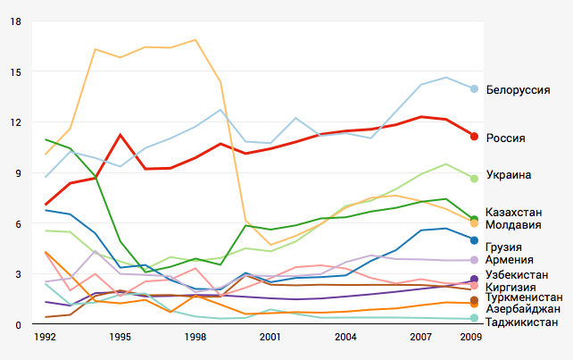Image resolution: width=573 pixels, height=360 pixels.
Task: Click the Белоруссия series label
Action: [518, 90]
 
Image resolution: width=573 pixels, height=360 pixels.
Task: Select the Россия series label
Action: [505, 138]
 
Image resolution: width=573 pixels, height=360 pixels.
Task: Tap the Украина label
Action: [509, 175]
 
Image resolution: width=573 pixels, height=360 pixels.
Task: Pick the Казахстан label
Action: [514, 212]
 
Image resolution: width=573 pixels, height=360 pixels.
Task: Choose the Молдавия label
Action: [512, 224]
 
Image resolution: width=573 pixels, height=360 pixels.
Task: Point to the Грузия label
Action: [504, 247]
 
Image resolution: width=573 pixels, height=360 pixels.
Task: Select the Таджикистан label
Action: [522, 322]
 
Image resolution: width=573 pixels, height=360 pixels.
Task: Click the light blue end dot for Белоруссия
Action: [475, 88]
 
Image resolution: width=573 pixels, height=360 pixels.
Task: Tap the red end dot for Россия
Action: [475, 136]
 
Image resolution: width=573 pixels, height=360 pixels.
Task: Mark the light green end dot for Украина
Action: [475, 179]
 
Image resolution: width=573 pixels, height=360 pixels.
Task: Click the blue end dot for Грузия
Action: [475, 240]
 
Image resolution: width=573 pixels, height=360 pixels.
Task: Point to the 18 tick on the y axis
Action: [15, 21]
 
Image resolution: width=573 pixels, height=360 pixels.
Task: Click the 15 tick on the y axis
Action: [15, 71]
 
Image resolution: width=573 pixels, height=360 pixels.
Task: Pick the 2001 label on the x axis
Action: [271, 338]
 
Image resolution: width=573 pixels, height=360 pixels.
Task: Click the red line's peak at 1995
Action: [120, 135]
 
